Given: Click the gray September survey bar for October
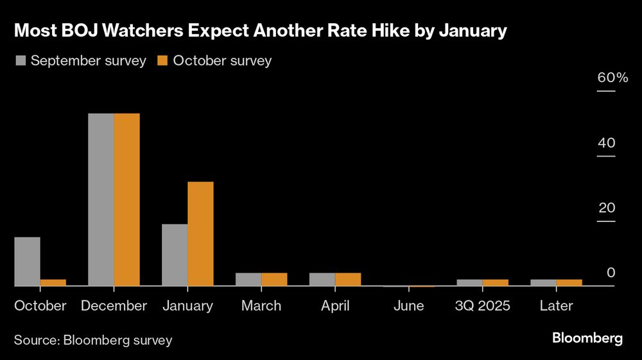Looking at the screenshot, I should pyautogui.click(x=27, y=261).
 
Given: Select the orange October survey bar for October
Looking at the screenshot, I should pyautogui.click(x=53, y=282).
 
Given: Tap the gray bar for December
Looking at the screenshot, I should pyautogui.click(x=101, y=200).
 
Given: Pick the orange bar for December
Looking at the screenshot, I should pyautogui.click(x=126, y=200).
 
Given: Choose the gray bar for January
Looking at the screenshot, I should pyautogui.click(x=175, y=255).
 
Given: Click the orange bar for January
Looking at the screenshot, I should pyautogui.click(x=200, y=234).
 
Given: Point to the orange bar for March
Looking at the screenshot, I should pyautogui.click(x=274, y=279).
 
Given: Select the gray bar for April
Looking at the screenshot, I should pyautogui.click(x=322, y=279).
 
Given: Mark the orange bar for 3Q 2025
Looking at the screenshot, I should pyautogui.click(x=495, y=282).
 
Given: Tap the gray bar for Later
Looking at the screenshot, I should pyautogui.click(x=543, y=282).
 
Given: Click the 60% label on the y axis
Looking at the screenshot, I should pyautogui.click(x=612, y=78).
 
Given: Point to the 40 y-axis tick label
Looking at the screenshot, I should pyautogui.click(x=606, y=143).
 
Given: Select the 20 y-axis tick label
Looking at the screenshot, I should pyautogui.click(x=606, y=208).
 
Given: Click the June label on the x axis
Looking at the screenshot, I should pyautogui.click(x=409, y=306).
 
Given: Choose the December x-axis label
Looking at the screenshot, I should pyautogui.click(x=114, y=306).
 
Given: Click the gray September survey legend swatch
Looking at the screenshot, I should pyautogui.click(x=20, y=61).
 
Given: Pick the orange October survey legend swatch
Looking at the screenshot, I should pyautogui.click(x=162, y=61).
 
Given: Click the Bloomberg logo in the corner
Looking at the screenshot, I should pyautogui.click(x=587, y=338).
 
